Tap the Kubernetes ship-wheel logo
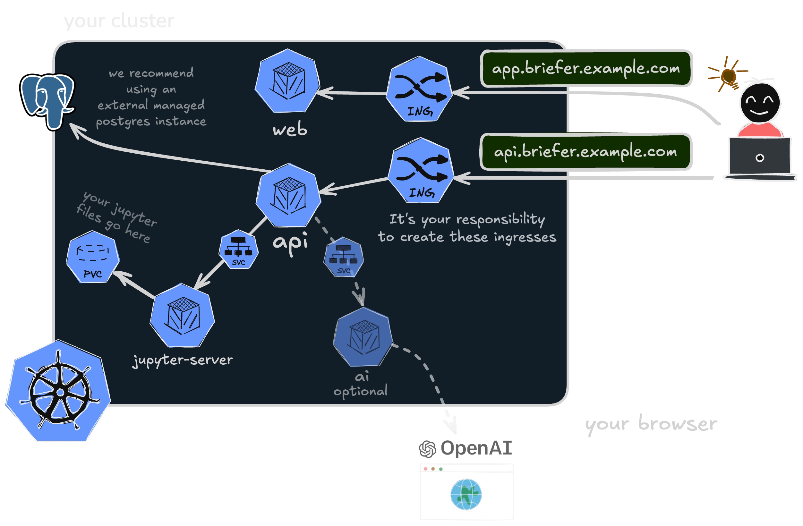coord(59,391)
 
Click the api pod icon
coord(288,196)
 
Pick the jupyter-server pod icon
coord(183,316)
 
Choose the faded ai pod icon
coord(363,337)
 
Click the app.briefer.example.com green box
coord(586,69)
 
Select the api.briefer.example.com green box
coord(586,151)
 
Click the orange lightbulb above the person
coord(728,76)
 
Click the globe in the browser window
coord(466,494)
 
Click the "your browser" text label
coord(651,424)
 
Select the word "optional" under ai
coord(360,391)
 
